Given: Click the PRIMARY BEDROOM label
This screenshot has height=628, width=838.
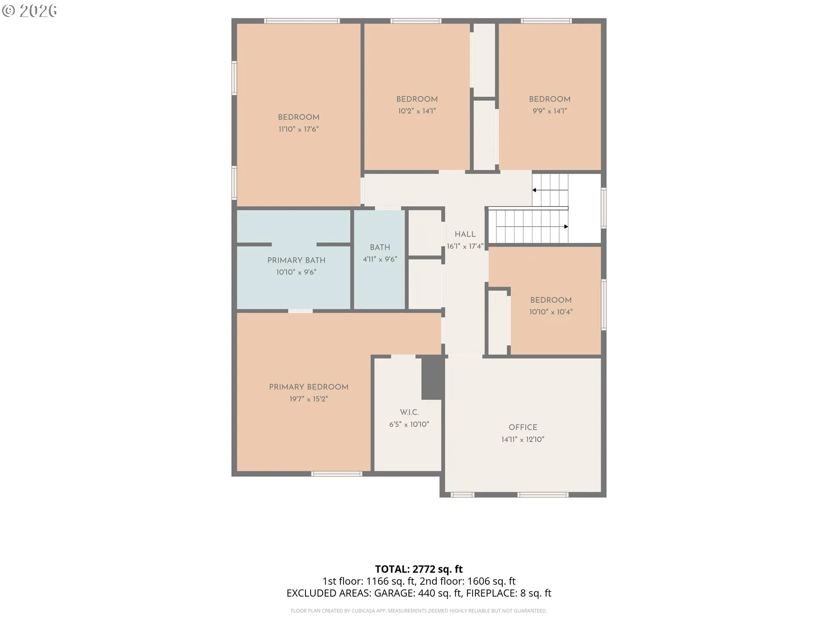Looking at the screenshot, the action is pos(309,387).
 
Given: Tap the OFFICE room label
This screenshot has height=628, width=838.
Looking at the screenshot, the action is pos(523,427).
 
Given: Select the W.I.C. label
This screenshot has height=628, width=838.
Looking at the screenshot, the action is pos(409,412).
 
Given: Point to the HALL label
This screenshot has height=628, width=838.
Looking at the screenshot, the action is pos(465,234).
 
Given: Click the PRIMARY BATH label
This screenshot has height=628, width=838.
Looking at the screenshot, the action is pos(296,260).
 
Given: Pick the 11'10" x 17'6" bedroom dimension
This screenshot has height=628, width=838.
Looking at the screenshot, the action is pos(299,129).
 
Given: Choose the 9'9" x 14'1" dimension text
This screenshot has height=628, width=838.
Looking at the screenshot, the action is pos(550,111).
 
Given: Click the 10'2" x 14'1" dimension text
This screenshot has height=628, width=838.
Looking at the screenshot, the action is pos(417,111).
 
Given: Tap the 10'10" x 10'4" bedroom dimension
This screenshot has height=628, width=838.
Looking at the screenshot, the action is pos(551,312).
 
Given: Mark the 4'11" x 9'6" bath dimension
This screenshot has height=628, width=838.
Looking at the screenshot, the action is pos(380,259).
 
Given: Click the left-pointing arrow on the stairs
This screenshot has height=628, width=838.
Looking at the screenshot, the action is pos(550,190).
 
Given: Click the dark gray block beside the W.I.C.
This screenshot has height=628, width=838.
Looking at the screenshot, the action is pos(433,378).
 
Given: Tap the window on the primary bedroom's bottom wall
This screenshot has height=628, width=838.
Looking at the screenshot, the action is pos(337,474).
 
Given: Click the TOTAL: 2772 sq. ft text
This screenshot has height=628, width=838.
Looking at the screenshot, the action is pos(419,569).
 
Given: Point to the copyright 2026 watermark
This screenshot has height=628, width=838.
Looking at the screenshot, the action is pos(29,11).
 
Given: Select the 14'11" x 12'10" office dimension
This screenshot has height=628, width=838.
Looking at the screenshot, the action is pos(523,439).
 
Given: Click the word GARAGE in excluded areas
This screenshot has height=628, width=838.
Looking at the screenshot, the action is pos(395,593).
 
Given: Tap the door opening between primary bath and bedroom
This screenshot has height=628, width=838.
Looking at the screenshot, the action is pos(300,311).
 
